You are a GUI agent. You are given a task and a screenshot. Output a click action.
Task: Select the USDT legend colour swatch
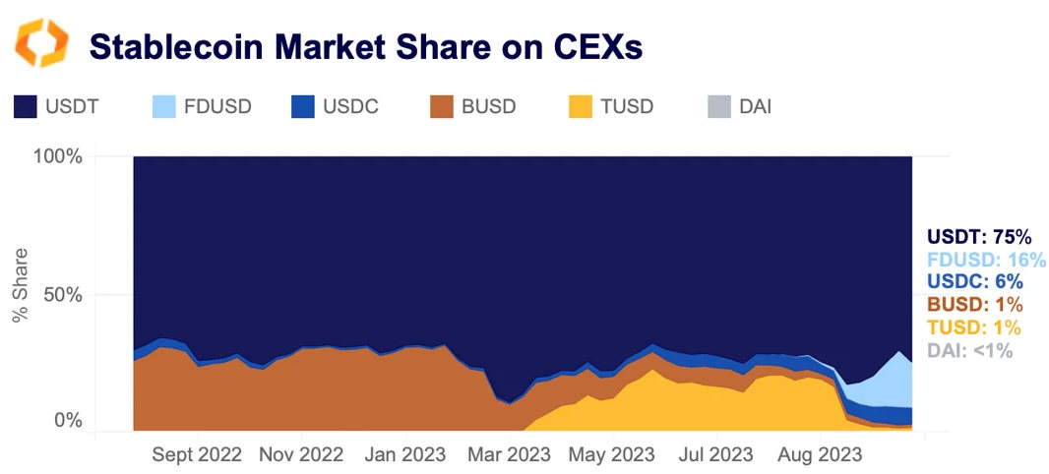[26, 106]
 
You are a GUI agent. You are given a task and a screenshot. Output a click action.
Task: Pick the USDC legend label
[351, 106]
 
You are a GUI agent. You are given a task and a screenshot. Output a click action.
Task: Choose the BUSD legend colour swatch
[444, 106]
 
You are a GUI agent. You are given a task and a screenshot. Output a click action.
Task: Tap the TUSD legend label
[626, 106]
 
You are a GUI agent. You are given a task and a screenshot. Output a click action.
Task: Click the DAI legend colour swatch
[719, 106]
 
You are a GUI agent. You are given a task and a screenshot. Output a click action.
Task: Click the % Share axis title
[20, 286]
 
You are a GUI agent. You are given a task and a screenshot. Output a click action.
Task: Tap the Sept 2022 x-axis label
[199, 455]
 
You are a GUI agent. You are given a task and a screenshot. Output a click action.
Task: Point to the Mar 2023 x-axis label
[510, 455]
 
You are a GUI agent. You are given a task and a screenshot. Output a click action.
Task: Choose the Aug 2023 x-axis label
[820, 455]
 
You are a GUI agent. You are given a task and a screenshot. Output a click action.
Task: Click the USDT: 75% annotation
[978, 237]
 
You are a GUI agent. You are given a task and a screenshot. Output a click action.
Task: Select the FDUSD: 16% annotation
[986, 260]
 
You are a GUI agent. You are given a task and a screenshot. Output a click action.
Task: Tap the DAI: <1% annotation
[969, 350]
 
